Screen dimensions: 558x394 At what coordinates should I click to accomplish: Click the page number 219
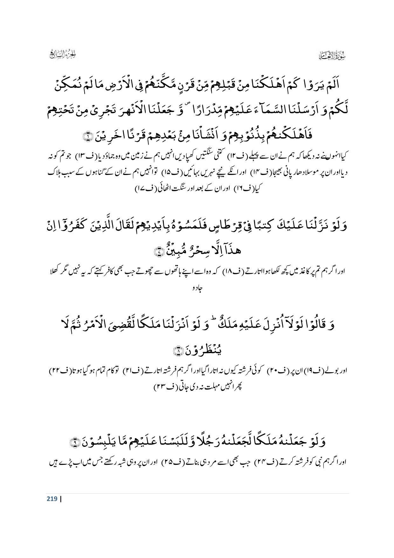52,499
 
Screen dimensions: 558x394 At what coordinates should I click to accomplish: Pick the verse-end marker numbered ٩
74,442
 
